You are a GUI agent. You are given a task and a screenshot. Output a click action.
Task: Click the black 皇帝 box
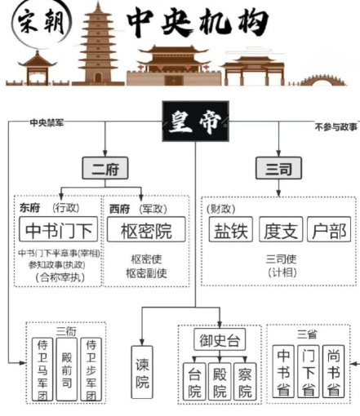pos(195,121)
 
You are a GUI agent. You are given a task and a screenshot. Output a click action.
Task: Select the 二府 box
pos(105,168)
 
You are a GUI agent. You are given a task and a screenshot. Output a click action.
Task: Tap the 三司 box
pos(278,168)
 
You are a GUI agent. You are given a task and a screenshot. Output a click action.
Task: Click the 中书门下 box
pos(58,229)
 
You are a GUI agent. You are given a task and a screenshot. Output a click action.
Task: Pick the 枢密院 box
pos(146,229)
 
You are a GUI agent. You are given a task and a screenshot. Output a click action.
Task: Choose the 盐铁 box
pos(231,229)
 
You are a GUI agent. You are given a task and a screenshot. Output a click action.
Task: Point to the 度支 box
pos(281,229)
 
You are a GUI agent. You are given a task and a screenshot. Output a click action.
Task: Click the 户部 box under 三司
pos(329,229)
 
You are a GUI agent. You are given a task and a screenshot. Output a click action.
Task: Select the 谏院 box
pos(142,372)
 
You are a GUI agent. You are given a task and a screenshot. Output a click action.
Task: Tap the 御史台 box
pos(220,339)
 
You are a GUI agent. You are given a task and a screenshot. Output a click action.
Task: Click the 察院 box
pos(245,382)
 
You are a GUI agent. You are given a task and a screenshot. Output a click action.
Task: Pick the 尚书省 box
pos(333,371)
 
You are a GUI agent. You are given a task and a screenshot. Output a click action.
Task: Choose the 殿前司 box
pos(67,370)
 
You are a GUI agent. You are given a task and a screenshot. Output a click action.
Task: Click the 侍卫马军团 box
pos(42,370)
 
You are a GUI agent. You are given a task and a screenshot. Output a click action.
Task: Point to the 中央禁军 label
pos(47,122)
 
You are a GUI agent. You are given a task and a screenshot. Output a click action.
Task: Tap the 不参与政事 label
pos(336,126)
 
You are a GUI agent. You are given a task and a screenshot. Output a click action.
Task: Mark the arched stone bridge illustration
pos(322,80)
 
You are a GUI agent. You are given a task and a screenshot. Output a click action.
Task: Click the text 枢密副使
pos(146,273)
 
